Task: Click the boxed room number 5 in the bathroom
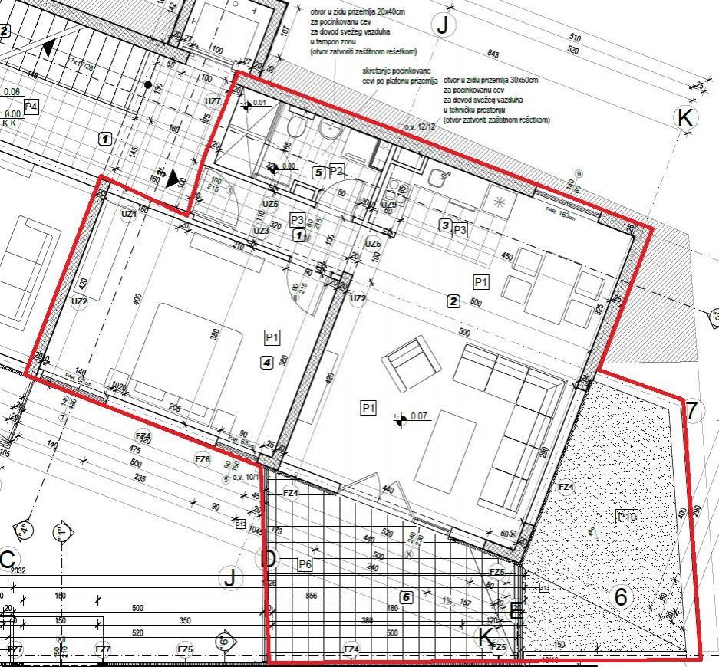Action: coord(318,172)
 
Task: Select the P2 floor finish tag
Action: coord(336,171)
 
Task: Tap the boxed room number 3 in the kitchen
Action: coord(444,225)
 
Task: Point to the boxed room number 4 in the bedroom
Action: coord(266,363)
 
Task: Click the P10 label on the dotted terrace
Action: coord(627,517)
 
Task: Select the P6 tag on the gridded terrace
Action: coord(305,564)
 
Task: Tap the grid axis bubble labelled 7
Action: coord(691,411)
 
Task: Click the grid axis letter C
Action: coord(8,560)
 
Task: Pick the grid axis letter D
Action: coord(269,559)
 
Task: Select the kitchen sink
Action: coord(440,178)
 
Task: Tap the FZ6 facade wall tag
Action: coord(202,459)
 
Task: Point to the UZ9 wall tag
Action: coord(389,205)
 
